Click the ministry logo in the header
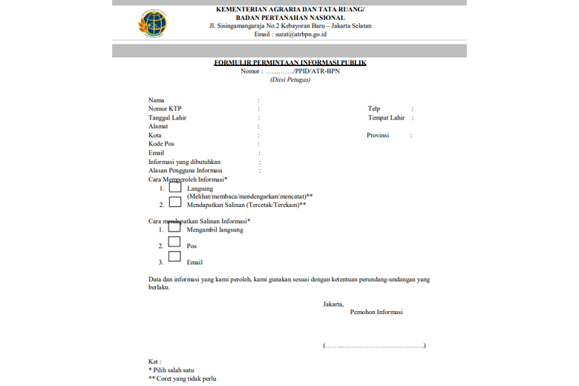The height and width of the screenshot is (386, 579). (152, 24)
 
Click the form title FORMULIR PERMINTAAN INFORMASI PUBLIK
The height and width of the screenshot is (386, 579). (289, 62)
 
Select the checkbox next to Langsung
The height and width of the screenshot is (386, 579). (175, 187)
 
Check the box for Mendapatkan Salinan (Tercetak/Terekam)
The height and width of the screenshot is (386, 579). (175, 203)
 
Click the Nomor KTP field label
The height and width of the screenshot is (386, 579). (165, 108)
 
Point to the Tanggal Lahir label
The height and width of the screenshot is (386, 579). (167, 117)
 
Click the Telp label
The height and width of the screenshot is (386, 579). (374, 108)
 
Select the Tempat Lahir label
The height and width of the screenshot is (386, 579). (386, 117)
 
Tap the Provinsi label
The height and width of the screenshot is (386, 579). (379, 135)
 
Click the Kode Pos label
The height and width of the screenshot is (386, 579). (162, 144)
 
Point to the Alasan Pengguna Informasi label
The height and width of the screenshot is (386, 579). (185, 170)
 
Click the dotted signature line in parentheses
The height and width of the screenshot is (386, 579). (374, 345)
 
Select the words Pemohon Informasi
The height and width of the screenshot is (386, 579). (376, 313)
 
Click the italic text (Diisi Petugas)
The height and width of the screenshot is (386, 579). (290, 79)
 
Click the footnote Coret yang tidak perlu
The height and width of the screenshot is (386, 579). (182, 378)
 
